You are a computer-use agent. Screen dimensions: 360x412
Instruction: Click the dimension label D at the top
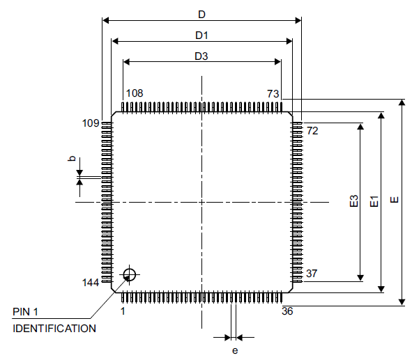coord(201,14)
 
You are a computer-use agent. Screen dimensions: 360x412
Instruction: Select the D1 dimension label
coord(201,35)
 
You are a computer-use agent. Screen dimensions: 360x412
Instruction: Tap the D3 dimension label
coord(201,56)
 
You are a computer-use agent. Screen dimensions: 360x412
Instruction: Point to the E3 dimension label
coord(354,202)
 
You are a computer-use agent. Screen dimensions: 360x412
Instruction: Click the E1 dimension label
coord(374,202)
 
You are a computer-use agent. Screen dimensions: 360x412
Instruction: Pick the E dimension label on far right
coord(395,201)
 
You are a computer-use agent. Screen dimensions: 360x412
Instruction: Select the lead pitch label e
coord(235,350)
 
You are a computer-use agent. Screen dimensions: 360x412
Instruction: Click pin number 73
coord(273,93)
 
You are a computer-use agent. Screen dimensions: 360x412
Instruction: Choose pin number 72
coord(312,130)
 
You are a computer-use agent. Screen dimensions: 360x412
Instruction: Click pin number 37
coord(312,274)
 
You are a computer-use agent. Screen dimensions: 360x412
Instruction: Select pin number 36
coord(287,311)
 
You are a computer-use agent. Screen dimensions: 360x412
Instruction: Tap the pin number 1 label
coord(123,311)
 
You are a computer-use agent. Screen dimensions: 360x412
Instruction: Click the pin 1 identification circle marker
coord(129,274)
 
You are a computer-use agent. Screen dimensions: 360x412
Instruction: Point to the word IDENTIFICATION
coord(54,328)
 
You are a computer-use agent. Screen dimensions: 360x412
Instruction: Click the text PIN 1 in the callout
coord(27,311)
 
